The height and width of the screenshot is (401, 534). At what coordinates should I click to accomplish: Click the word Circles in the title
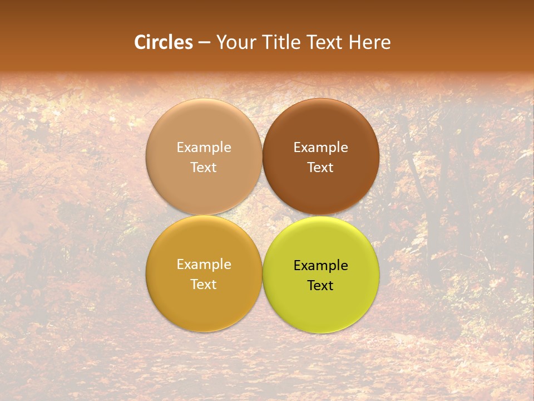pos(164,42)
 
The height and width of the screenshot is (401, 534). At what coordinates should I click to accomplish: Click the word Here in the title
pos(370,42)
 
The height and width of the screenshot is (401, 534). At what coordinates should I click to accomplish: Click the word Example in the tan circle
pos(204,148)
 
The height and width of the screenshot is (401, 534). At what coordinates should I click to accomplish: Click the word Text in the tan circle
pos(204,168)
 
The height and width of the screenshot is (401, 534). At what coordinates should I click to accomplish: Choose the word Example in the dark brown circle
pos(320,148)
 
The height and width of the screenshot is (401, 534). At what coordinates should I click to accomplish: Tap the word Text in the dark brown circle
pos(320,168)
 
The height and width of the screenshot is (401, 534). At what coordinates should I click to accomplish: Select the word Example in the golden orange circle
pos(204,265)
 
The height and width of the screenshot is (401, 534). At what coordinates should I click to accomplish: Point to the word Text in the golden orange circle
pos(204,285)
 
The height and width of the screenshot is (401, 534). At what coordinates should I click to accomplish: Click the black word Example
pos(320,266)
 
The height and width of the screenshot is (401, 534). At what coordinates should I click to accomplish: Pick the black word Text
pos(320,286)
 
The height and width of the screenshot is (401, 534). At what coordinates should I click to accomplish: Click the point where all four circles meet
pos(262,216)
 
